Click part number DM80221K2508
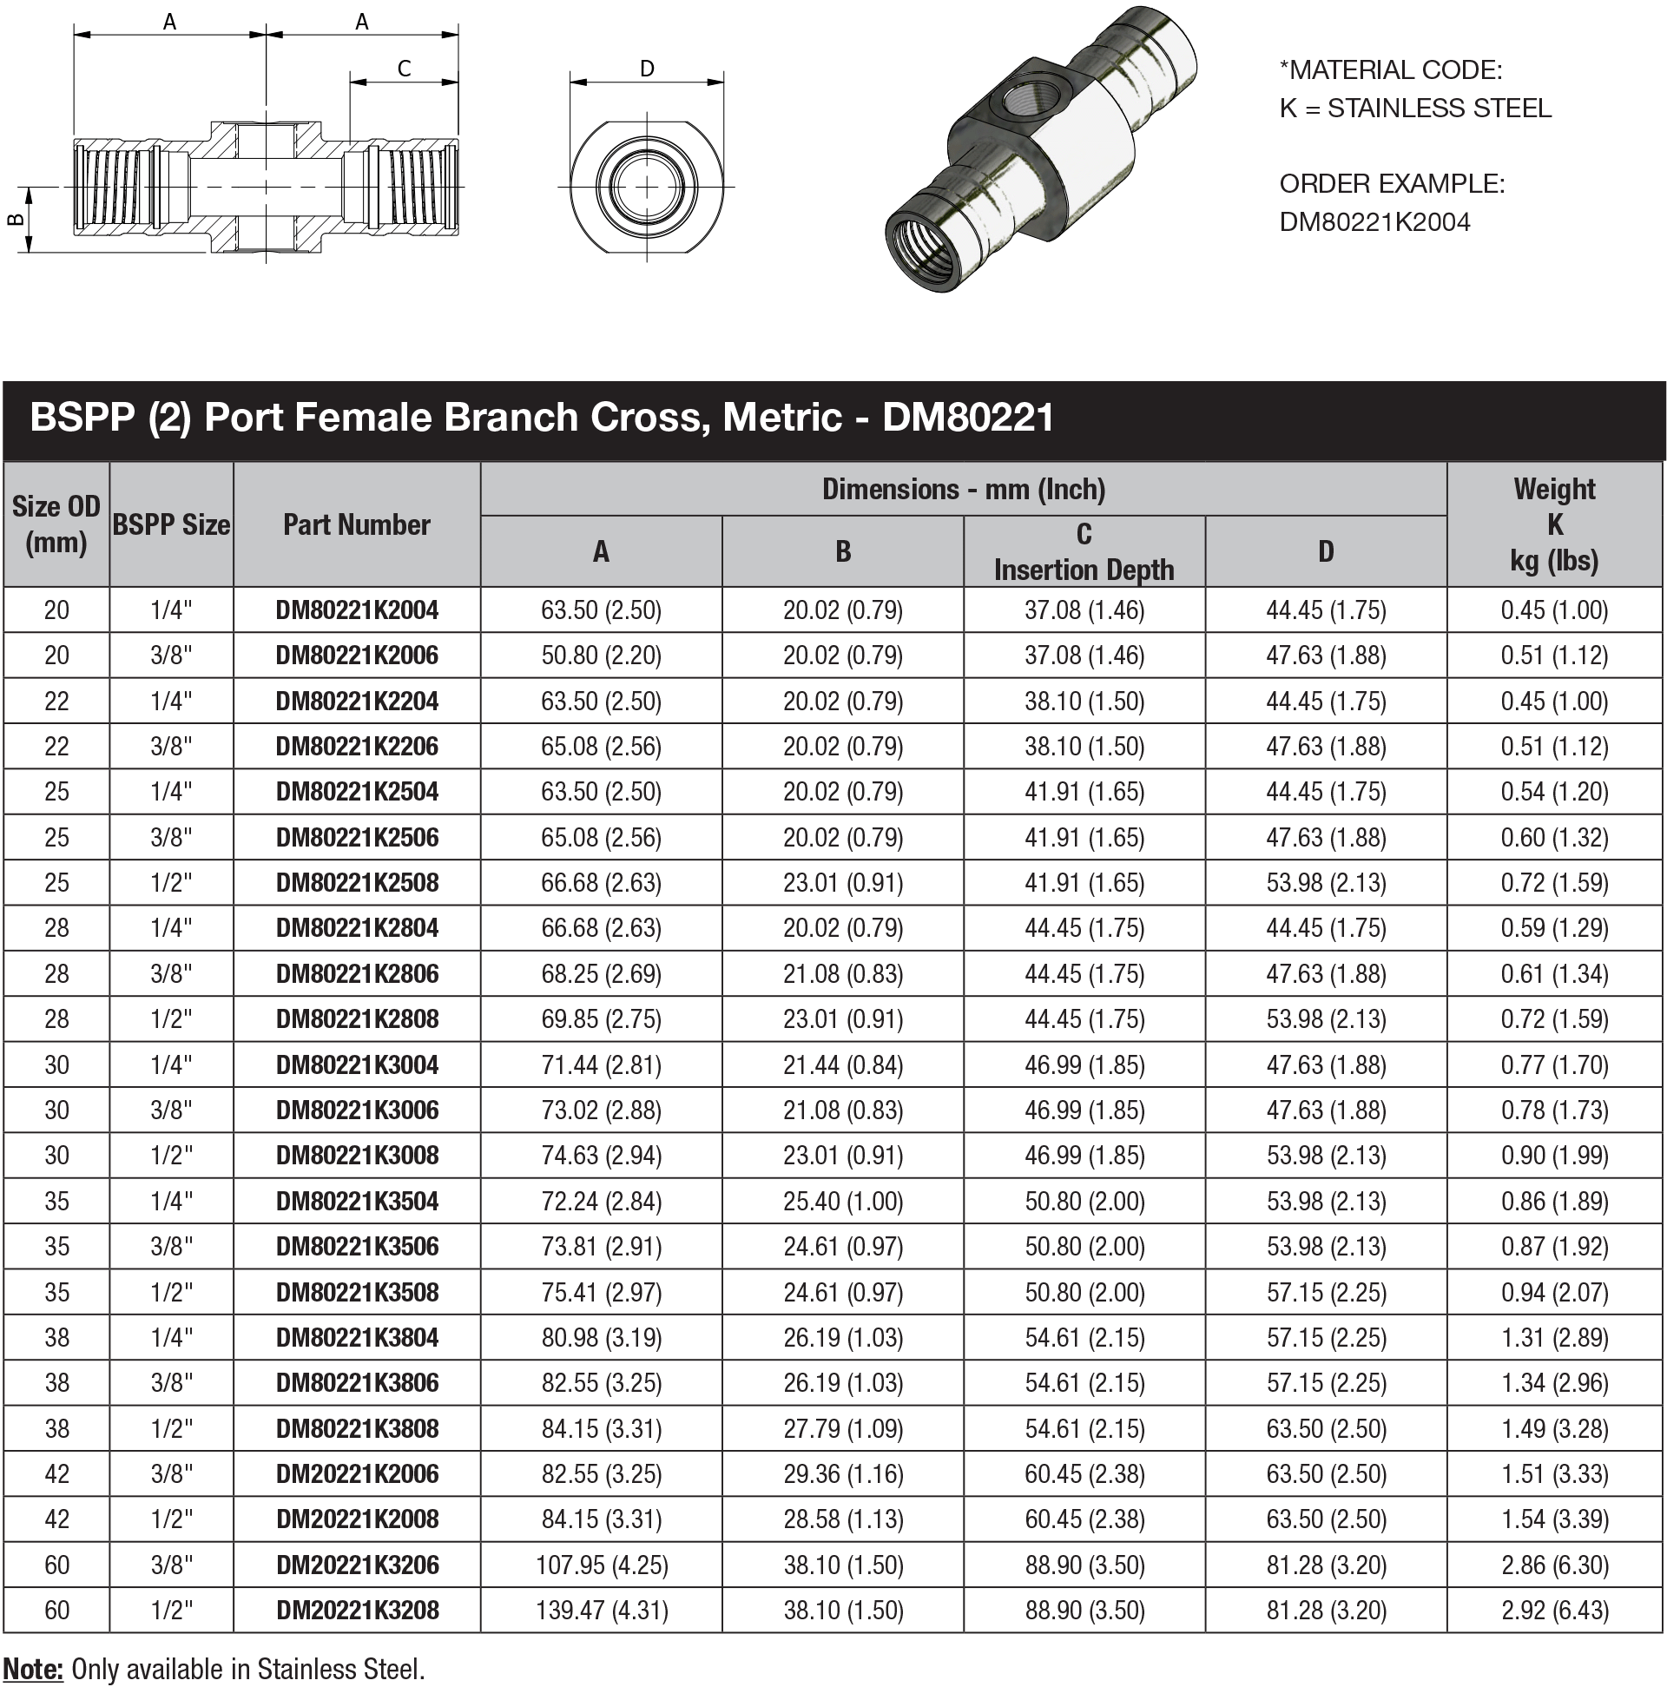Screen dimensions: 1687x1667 [356, 883]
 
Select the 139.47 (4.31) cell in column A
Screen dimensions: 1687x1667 [601, 1609]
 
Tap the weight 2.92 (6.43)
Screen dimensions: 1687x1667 [1553, 1609]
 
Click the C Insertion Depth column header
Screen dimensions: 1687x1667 [1083, 552]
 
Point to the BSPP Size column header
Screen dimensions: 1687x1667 [171, 524]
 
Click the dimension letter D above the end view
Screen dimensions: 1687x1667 [646, 68]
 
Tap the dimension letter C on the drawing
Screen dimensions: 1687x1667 [404, 68]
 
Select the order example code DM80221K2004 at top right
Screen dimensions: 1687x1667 [1374, 221]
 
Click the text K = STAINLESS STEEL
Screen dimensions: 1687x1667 [1414, 109]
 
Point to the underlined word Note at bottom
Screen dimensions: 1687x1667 [32, 1669]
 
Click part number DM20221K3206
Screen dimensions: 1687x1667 [356, 1564]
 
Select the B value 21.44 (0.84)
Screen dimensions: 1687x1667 [842, 1064]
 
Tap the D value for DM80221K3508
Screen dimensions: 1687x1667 [1326, 1291]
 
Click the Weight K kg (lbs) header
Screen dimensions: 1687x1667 [1553, 524]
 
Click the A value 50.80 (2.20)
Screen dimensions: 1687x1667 [601, 655]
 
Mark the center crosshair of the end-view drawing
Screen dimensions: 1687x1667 [646, 186]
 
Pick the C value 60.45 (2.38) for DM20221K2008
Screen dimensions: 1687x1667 [1083, 1519]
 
